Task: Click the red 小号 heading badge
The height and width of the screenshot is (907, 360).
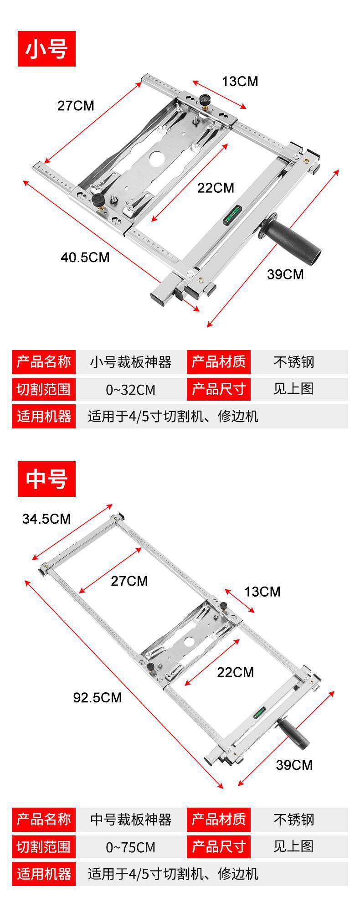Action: pyautogui.click(x=46, y=49)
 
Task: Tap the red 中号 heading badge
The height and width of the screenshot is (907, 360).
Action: pyautogui.click(x=46, y=479)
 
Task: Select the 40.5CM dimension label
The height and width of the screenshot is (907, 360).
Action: pyautogui.click(x=85, y=258)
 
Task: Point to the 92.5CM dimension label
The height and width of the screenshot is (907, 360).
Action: pyautogui.click(x=98, y=697)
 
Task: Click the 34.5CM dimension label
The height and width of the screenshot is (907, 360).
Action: pyautogui.click(x=46, y=519)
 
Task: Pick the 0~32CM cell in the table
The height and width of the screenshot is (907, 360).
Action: pyautogui.click(x=131, y=390)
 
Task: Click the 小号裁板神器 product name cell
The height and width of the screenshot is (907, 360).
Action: pyautogui.click(x=131, y=362)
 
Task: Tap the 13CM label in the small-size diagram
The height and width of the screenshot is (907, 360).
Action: pyautogui.click(x=240, y=82)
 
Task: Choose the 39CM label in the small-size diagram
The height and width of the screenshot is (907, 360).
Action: pyautogui.click(x=285, y=274)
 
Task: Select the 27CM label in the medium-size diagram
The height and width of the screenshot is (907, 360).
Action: pyautogui.click(x=129, y=581)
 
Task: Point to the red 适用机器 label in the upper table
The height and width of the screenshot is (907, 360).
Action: pyautogui.click(x=44, y=416)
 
